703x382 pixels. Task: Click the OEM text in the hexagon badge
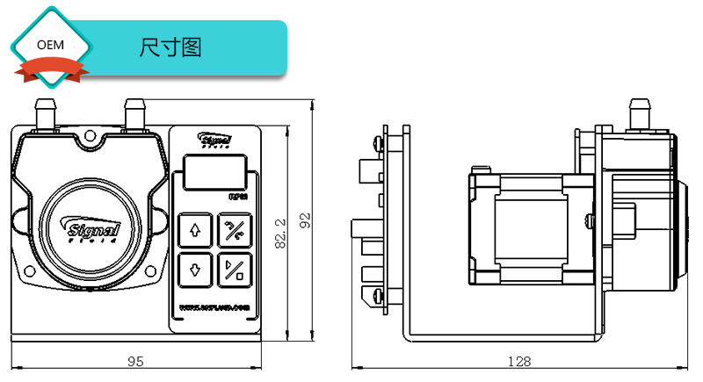click(50, 45)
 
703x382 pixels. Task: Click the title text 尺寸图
click(170, 47)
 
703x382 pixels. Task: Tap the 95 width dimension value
click(136, 361)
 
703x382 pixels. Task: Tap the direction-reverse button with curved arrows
click(236, 230)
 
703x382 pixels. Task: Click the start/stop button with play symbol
click(236, 269)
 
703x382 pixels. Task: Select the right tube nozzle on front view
click(134, 114)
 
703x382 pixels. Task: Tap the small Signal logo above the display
click(214, 140)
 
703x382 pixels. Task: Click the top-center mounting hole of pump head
click(91, 136)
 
